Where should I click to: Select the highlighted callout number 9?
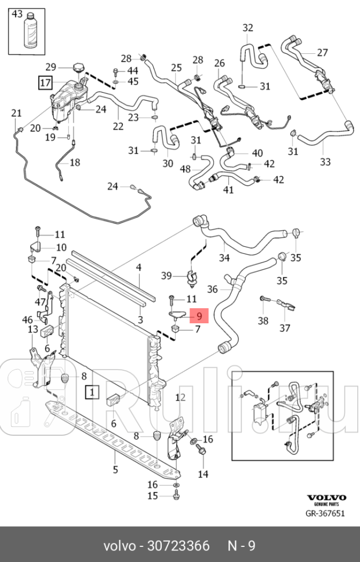coord(199,316)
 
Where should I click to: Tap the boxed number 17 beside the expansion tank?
coord(46,82)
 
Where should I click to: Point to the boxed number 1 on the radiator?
coord(92,392)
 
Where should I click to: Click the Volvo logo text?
coord(326,498)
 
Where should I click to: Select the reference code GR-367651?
coord(326,513)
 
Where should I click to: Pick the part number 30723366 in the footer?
coord(179,546)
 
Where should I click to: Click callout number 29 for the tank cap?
coord(51,67)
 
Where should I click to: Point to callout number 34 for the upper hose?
coord(224,257)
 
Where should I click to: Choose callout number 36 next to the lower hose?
coord(213,289)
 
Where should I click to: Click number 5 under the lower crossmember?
coord(115,469)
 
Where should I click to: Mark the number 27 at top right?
coord(322,53)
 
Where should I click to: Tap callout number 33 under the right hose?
coord(325,161)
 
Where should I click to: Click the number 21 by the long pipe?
coord(16,113)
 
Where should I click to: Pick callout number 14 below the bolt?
coord(203,475)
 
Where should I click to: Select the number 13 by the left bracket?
coord(33,329)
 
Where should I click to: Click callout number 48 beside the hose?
coord(186,169)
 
